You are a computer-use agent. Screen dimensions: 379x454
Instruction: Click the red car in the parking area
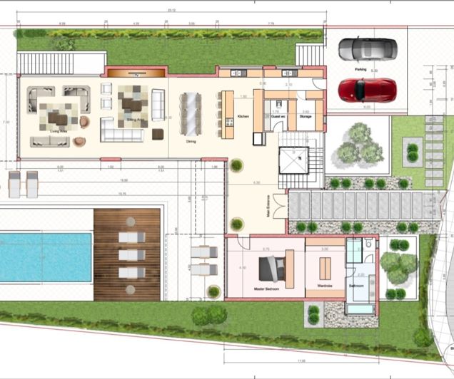(366, 89)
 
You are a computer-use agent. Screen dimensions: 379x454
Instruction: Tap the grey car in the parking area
(366, 48)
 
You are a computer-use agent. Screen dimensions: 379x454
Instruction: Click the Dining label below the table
(191, 141)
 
